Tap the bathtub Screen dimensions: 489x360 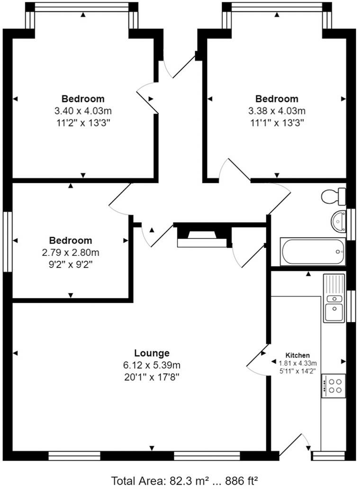click(312, 252)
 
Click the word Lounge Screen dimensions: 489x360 click(152, 353)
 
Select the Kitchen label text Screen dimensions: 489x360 click(297, 355)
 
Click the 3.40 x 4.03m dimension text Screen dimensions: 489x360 click(83, 111)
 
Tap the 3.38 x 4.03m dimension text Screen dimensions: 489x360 click(277, 111)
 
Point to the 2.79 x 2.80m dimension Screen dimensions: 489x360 click(71, 253)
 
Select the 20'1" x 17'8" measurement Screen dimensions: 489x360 click(152, 377)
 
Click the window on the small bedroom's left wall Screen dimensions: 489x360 click(7, 242)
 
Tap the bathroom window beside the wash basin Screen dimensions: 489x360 click(351, 224)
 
